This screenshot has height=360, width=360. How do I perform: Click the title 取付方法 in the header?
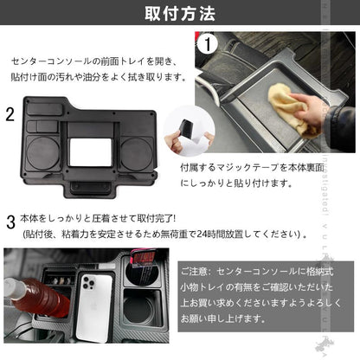pyautogui.click(x=179, y=14)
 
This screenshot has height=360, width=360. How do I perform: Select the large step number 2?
pyautogui.click(x=10, y=113)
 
